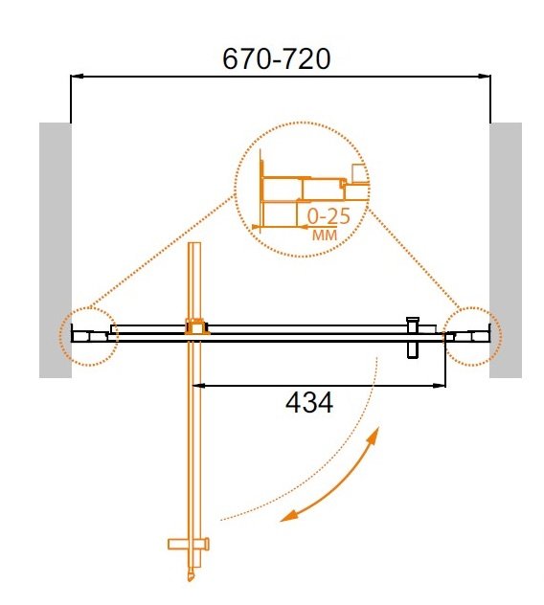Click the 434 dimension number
(309, 404)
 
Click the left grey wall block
(55, 249)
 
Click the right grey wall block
(506, 249)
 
